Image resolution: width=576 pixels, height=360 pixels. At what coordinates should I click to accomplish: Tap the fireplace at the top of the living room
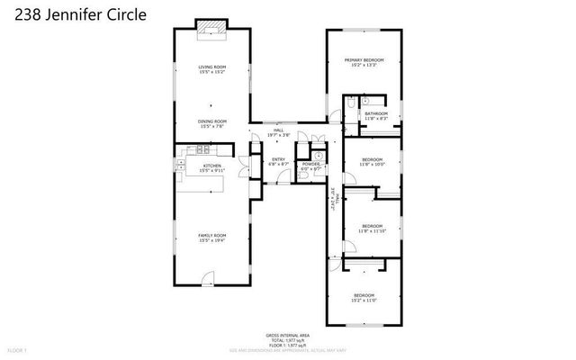211,29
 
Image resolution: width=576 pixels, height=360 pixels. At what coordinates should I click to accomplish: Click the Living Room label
211,70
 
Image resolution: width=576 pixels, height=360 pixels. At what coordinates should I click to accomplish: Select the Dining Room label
211,123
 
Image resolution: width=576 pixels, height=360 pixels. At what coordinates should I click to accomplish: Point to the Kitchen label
211,167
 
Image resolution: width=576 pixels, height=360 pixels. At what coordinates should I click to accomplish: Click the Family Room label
211,238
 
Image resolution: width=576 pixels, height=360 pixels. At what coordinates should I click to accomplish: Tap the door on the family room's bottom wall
208,278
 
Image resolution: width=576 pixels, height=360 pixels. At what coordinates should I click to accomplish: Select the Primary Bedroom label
364,63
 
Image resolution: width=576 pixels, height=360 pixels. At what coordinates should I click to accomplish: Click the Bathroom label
375,115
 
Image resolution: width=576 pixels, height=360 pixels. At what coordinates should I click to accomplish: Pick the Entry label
279,162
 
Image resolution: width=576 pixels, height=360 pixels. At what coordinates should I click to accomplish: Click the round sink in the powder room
318,155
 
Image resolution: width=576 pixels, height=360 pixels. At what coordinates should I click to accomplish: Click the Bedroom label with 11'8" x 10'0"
372,162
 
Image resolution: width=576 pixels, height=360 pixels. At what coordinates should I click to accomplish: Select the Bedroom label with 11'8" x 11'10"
372,229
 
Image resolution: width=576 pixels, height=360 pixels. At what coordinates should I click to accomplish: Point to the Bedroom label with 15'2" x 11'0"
364,298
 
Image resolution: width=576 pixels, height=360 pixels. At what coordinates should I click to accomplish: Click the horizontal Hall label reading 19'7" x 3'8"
279,132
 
